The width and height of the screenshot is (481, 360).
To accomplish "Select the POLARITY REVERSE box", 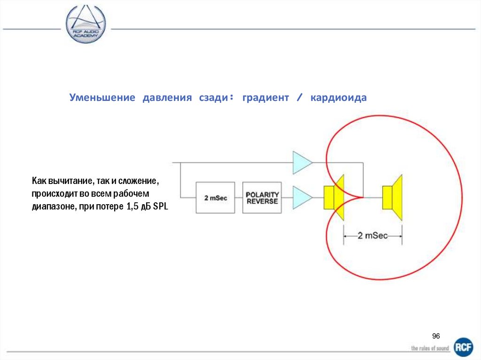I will point(262,198).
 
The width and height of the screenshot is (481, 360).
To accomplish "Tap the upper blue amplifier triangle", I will point(301,162).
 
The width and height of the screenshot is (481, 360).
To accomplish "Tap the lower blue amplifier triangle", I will point(301,197).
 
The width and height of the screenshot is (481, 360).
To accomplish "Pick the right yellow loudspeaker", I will point(393,197).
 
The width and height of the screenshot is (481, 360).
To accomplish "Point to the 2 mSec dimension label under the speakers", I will point(372,236).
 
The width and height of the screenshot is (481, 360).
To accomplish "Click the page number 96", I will point(436,336).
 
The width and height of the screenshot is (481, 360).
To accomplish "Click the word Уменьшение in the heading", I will point(102,98).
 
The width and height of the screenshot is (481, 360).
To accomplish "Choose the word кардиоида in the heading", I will point(338,98).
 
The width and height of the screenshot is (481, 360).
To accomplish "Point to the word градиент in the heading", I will point(266,98).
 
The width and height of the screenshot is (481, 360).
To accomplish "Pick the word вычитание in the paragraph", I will point(65,181).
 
